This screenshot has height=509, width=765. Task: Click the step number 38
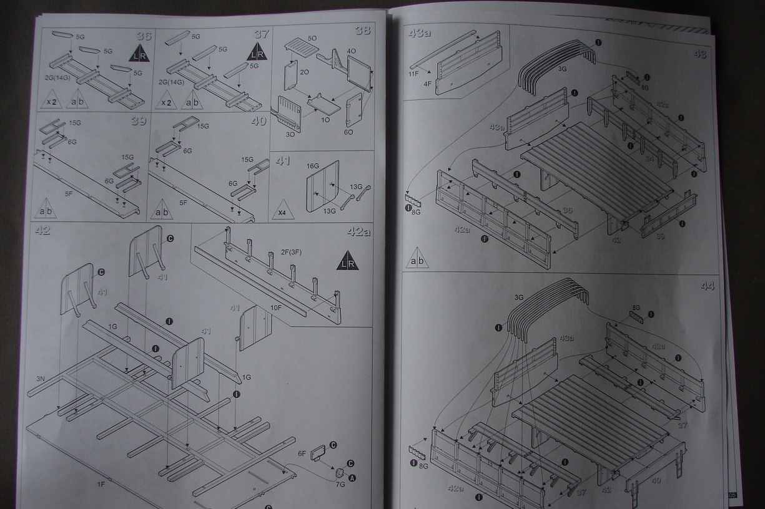tap(362, 30)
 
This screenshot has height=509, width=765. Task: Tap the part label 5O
tap(312, 38)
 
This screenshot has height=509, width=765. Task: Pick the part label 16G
tap(313, 167)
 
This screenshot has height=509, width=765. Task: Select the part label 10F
tap(276, 308)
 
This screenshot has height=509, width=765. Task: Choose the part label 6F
tap(302, 454)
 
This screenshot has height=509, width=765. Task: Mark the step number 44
tap(707, 286)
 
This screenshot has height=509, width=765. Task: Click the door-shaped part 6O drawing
tap(354, 109)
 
